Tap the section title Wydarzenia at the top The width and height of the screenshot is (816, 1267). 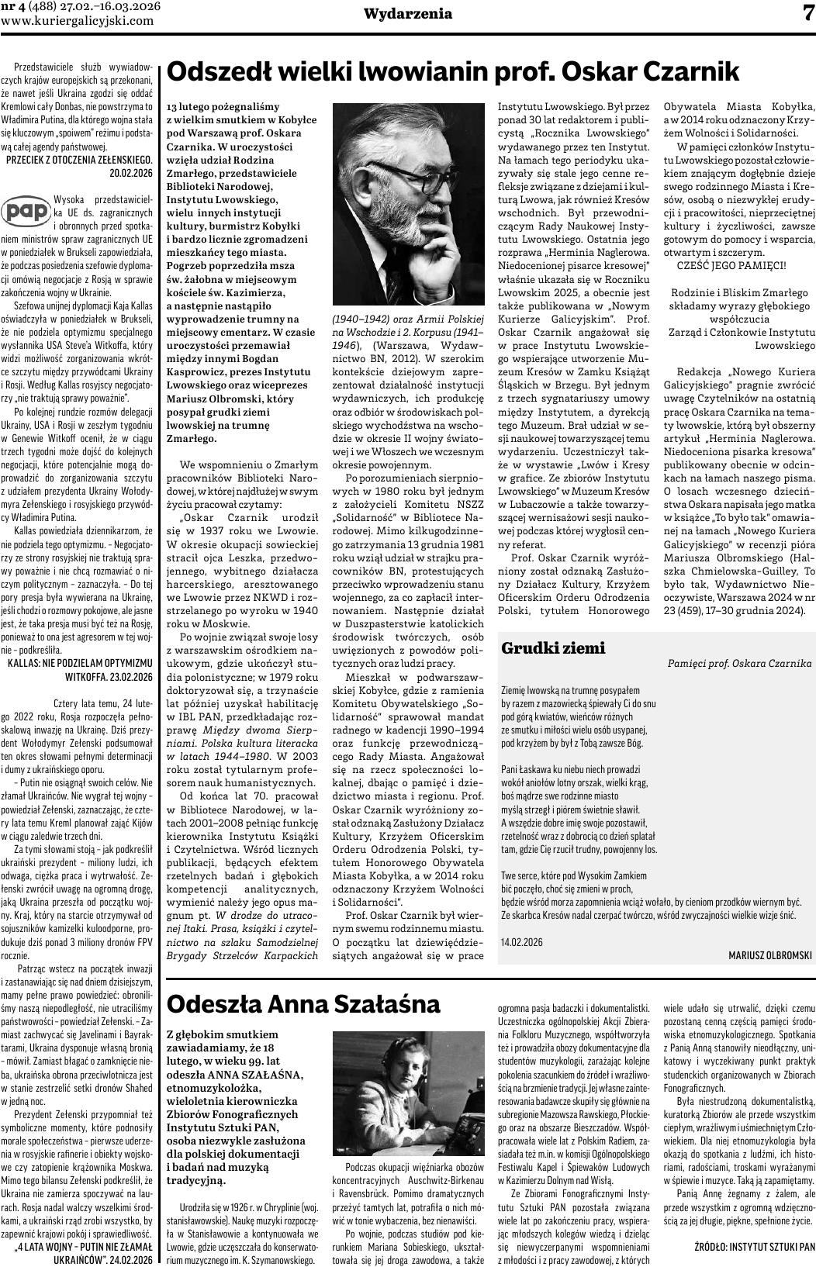pyautogui.click(x=398, y=14)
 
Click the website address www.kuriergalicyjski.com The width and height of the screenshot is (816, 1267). pyautogui.click(x=78, y=21)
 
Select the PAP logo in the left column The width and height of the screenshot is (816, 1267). pyautogui.click(x=26, y=211)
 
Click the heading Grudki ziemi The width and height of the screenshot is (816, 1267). pyautogui.click(x=553, y=648)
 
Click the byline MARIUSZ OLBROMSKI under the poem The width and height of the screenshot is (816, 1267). pyautogui.click(x=769, y=955)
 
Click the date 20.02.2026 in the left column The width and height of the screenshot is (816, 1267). pyautogui.click(x=132, y=173)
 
